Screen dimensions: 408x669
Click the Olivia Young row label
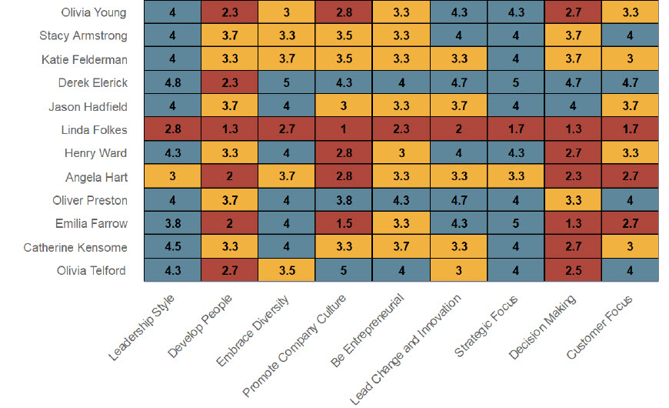pyautogui.click(x=94, y=12)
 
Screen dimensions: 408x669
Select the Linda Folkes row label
pyautogui.click(x=95, y=130)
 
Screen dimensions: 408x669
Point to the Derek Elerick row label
pyautogui.click(x=93, y=83)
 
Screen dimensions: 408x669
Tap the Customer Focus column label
pyautogui.click(x=600, y=326)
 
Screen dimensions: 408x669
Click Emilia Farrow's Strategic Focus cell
pyautogui.click(x=515, y=224)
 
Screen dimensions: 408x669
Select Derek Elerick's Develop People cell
pyautogui.click(x=228, y=83)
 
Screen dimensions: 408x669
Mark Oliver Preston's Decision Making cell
pyautogui.click(x=573, y=201)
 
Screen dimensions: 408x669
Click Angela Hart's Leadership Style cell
pyautogui.click(x=171, y=177)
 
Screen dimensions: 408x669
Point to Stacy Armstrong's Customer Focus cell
pyautogui.click(x=630, y=35)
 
